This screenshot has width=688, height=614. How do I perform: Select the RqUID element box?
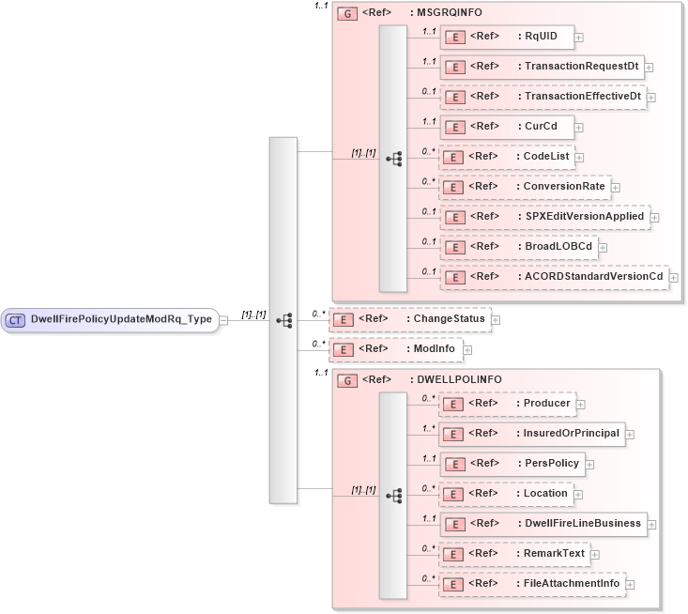tap(507, 37)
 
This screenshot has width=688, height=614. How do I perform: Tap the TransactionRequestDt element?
tap(542, 67)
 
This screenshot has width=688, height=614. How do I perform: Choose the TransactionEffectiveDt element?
tap(543, 97)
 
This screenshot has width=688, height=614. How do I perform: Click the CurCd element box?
tap(507, 127)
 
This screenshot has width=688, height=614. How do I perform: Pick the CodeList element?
tap(507, 157)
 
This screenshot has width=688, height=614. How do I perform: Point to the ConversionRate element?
tap(525, 187)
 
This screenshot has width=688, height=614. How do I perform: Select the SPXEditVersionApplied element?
tap(544, 217)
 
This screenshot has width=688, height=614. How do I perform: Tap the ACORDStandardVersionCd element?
tap(554, 277)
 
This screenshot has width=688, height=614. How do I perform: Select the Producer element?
tap(507, 404)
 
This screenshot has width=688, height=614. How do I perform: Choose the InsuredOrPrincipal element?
tap(531, 434)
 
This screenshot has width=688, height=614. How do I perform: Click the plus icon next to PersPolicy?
tap(589, 464)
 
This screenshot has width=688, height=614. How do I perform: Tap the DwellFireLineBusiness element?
tap(543, 524)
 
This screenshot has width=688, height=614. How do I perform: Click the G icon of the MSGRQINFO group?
tap(346, 14)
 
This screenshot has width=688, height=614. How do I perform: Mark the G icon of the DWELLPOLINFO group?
tap(346, 380)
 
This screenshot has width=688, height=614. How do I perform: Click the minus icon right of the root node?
tap(223, 320)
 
